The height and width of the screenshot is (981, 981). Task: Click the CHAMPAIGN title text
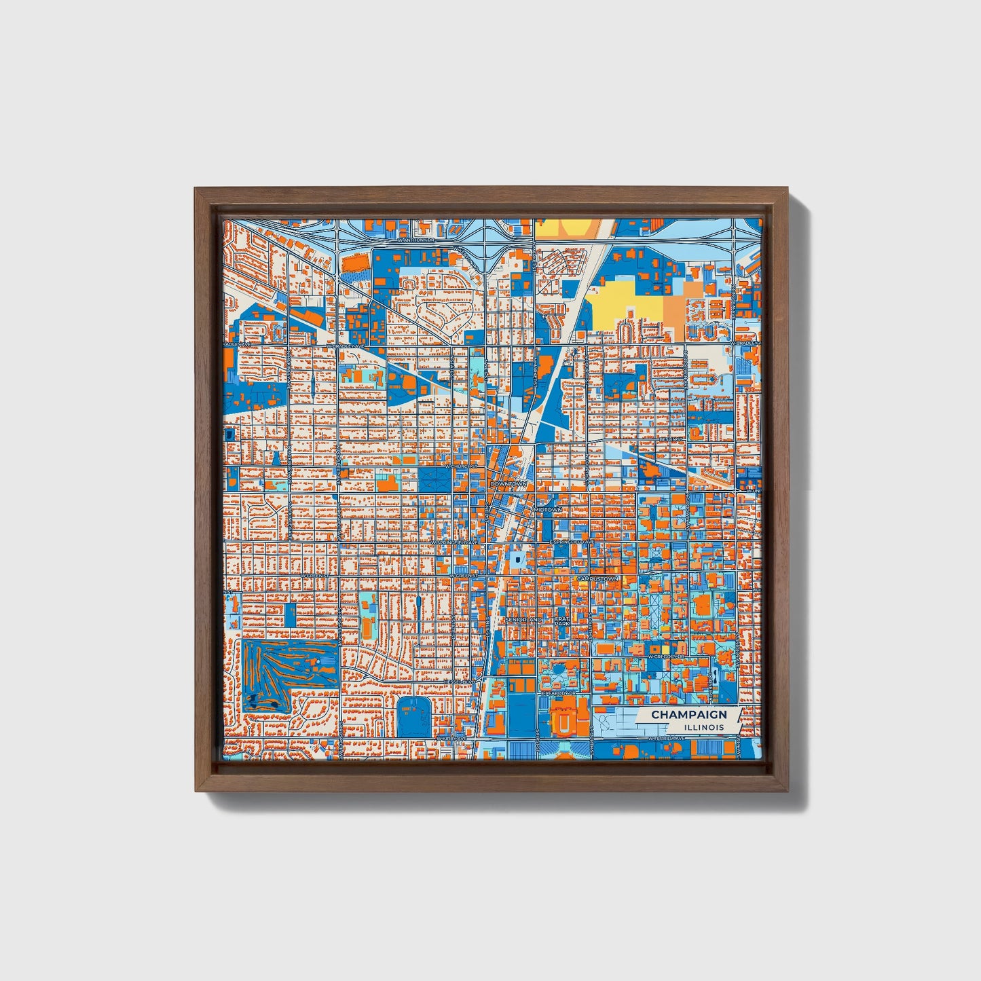pos(688,714)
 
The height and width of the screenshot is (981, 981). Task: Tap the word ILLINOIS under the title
pos(703,727)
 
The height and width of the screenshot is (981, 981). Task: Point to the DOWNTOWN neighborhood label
pos(508,483)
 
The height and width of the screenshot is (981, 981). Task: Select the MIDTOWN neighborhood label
pos(548,509)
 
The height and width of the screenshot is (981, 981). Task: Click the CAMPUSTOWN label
pos(597,578)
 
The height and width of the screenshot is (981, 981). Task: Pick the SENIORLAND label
pos(524,620)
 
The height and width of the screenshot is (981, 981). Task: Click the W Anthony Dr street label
pos(415,240)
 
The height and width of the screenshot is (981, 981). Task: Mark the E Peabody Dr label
pos(558,694)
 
